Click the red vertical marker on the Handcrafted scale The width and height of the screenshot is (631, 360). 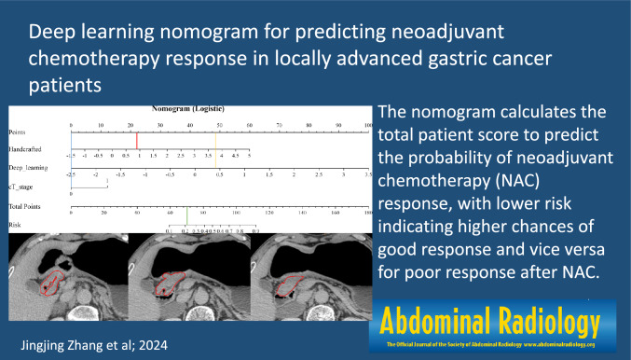[137, 141]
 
